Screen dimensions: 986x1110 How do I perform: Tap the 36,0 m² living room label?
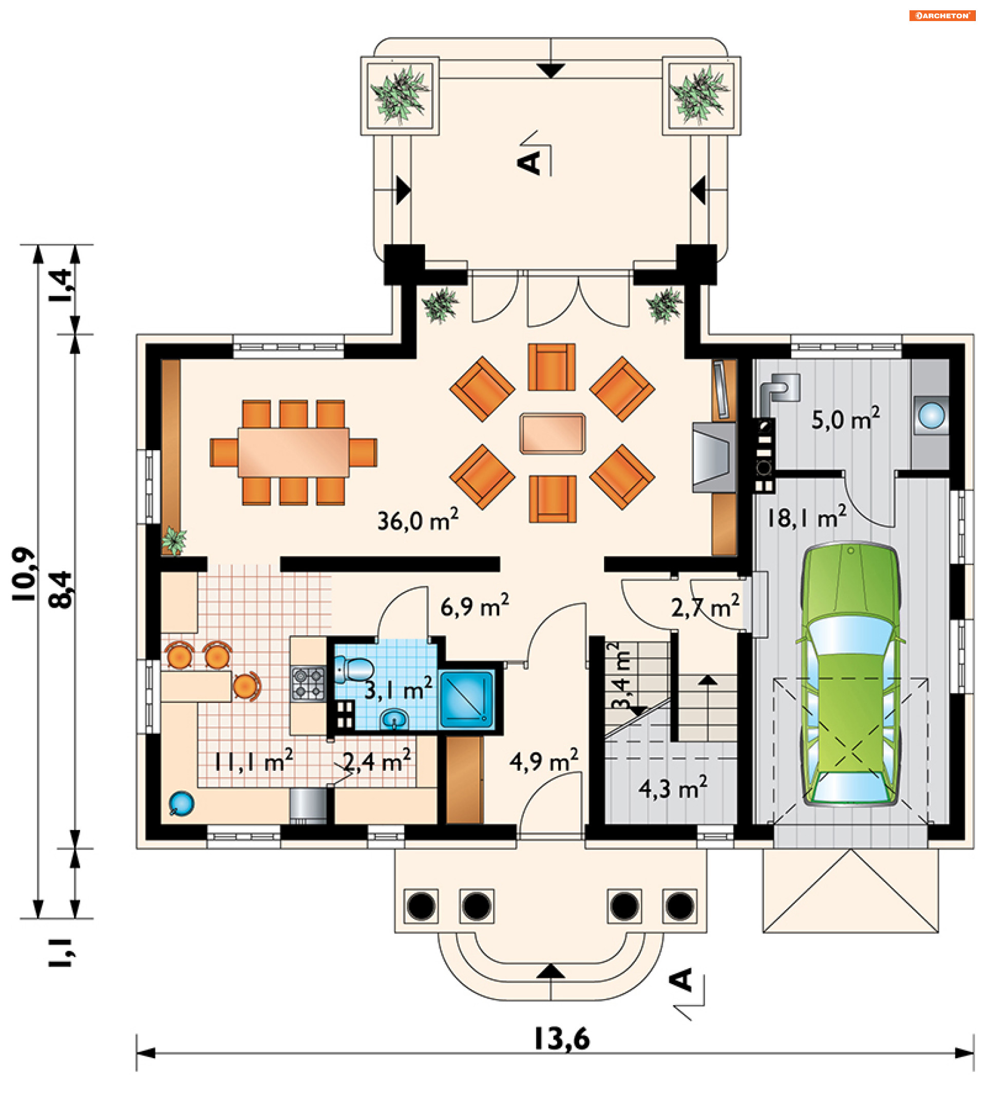[x=418, y=520]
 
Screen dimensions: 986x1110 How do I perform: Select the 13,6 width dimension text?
[x=562, y=1039]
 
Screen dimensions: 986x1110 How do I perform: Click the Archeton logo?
[x=942, y=15]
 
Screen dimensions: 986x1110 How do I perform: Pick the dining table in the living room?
[x=294, y=452]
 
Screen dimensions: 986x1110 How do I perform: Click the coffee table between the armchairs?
[x=553, y=433]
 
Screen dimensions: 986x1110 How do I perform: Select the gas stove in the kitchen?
[x=308, y=683]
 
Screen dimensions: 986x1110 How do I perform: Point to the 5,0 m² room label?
[x=845, y=419]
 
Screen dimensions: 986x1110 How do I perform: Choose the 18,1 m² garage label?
[x=806, y=517]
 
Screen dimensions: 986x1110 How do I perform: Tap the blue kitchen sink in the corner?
[x=181, y=804]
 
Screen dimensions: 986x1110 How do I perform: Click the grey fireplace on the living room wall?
[x=714, y=458]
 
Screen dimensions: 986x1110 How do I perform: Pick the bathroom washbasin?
[x=394, y=719]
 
